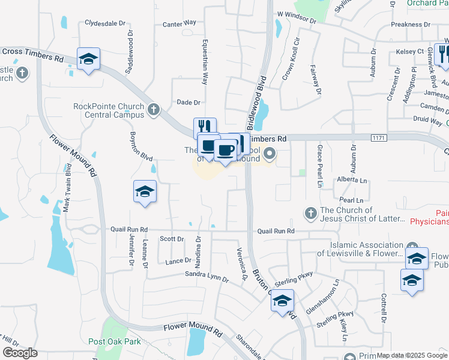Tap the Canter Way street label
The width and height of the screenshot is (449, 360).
pyautogui.click(x=179, y=23)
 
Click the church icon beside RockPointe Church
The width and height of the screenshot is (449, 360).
pyautogui.click(x=154, y=110)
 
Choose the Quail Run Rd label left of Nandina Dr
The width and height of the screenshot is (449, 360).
pyautogui.click(x=128, y=229)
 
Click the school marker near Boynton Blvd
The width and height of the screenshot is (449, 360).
pyautogui.click(x=145, y=191)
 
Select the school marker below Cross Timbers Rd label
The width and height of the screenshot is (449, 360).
pyautogui.click(x=88, y=59)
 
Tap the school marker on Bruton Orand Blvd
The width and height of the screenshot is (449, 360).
pyautogui.click(x=282, y=301)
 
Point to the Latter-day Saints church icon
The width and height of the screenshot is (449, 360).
pyautogui.click(x=310, y=213)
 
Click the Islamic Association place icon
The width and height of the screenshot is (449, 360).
pyautogui.click(x=412, y=247)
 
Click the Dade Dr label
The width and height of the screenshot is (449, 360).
pyautogui.click(x=188, y=103)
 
